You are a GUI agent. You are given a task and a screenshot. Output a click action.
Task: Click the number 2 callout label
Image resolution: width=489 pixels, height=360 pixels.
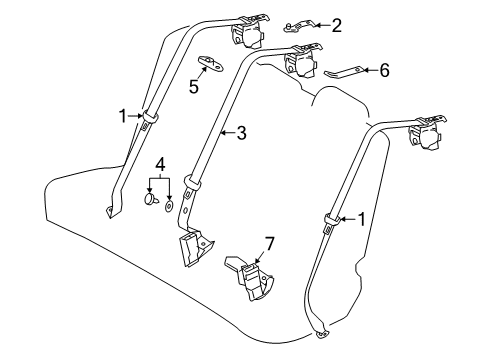coord(336,24)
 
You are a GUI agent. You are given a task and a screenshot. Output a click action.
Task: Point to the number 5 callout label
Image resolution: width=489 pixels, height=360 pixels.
coord(195,87)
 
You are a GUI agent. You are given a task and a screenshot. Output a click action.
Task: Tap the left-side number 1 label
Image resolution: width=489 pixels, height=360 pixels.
coord(124,117)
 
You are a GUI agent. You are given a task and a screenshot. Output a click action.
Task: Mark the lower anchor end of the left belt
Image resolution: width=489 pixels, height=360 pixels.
coord(109,211)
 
